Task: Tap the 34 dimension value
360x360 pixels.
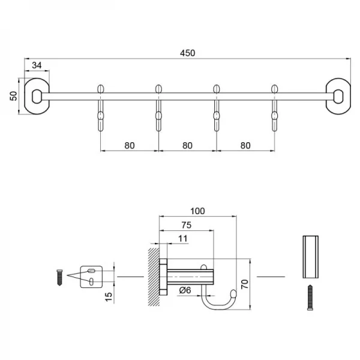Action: click(37, 65)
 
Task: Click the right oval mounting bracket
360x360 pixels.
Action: click(338, 94)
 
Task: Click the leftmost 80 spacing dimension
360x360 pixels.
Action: click(129, 145)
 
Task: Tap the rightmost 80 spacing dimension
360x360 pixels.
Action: click(245, 145)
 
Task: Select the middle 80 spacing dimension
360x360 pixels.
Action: click(187, 145)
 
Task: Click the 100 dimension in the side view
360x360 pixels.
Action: click(198, 211)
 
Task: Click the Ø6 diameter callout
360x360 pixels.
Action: click(185, 291)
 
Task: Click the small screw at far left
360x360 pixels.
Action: click(60, 277)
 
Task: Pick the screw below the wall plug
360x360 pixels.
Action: click(310, 296)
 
